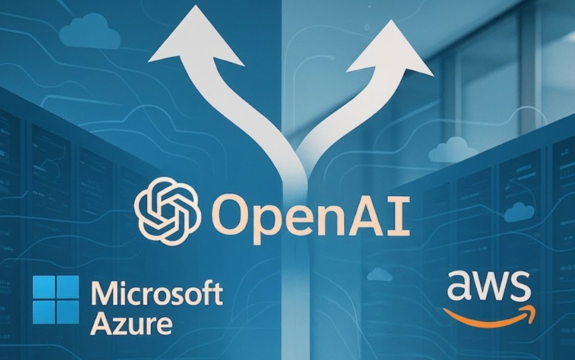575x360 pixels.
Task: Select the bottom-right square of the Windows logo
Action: coord(68,311)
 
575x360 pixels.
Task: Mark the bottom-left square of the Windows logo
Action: coord(44,311)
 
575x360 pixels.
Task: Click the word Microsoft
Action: coord(157,294)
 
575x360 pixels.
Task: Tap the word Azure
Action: coord(131,323)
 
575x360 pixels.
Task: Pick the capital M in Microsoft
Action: coord(104,294)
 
